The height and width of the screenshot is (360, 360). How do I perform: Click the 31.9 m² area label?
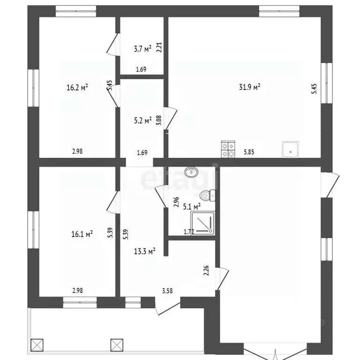click(249, 87)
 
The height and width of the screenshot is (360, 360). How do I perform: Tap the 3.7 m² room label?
click(142, 49)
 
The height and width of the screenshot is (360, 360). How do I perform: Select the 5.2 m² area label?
click(143, 120)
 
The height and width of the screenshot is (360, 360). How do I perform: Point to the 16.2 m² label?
click(77, 87)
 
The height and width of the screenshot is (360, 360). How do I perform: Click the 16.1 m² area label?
click(82, 234)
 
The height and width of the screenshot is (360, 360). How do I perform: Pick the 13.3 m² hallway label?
click(145, 251)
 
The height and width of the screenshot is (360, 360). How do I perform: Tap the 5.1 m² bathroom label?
click(192, 207)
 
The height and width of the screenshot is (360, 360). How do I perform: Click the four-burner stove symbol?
click(228, 149)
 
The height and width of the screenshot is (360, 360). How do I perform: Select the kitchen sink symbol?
click(291, 150)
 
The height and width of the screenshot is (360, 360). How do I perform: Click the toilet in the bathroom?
click(208, 195)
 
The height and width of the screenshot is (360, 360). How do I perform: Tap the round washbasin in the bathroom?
click(191, 172)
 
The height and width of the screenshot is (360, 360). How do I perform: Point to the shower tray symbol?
click(202, 224)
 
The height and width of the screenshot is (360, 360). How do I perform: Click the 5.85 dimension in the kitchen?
click(249, 152)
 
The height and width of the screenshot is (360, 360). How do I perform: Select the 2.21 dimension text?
click(159, 47)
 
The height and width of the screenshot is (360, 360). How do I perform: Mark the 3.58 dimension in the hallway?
click(167, 291)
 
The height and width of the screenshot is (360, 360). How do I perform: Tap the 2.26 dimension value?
click(206, 270)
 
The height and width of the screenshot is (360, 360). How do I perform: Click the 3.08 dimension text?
click(159, 120)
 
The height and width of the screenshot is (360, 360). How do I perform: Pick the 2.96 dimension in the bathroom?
click(176, 202)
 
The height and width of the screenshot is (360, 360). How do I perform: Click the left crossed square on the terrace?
click(37, 345)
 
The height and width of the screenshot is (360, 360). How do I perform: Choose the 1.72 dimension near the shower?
click(189, 232)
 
